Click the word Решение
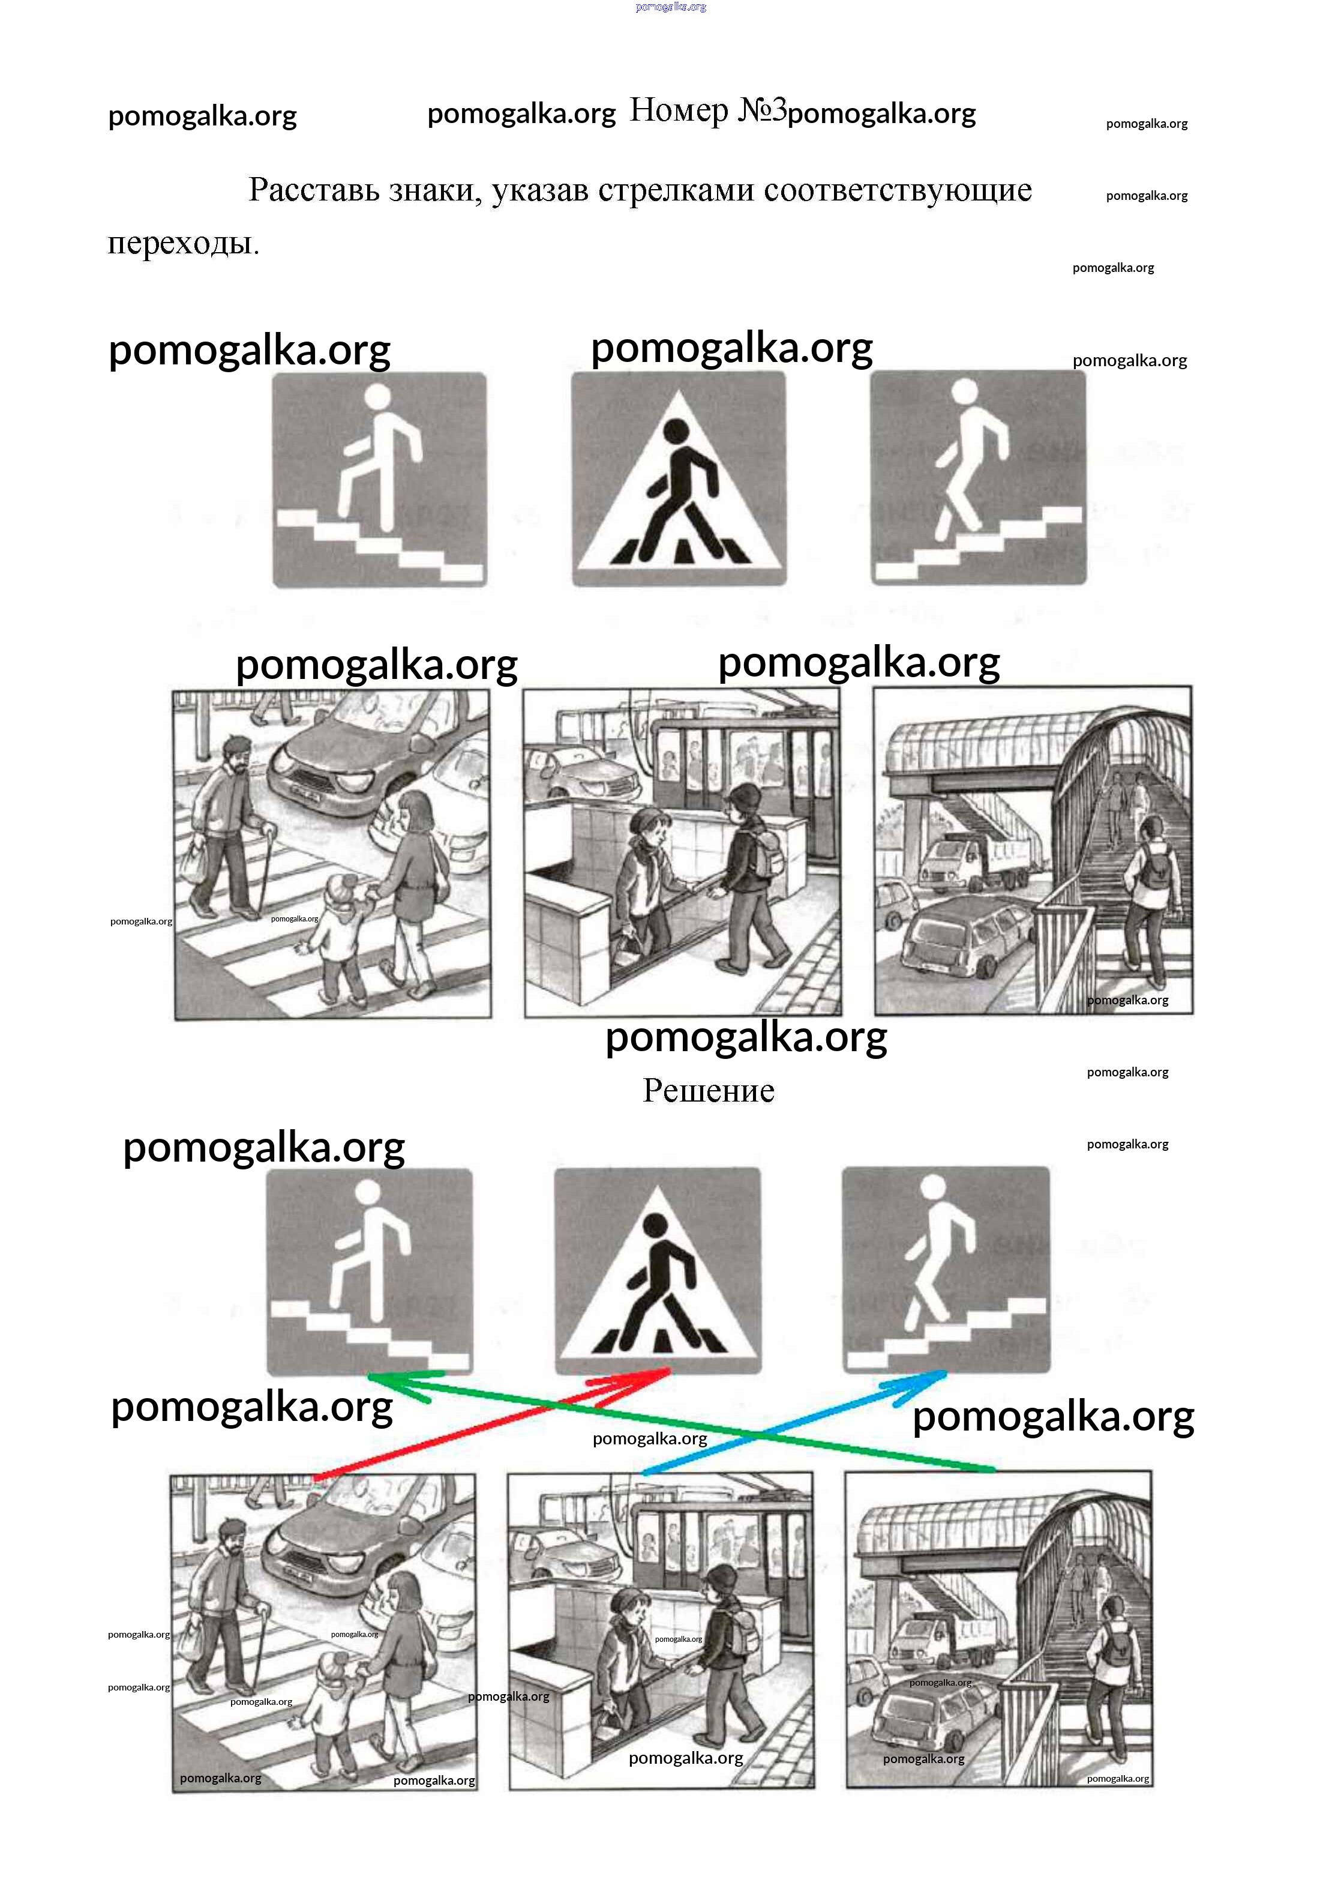pos(709,1090)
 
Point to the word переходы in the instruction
pos(184,243)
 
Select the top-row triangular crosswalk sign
pos(679,479)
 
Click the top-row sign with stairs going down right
pos(380,480)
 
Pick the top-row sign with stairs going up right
pos(979,477)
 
